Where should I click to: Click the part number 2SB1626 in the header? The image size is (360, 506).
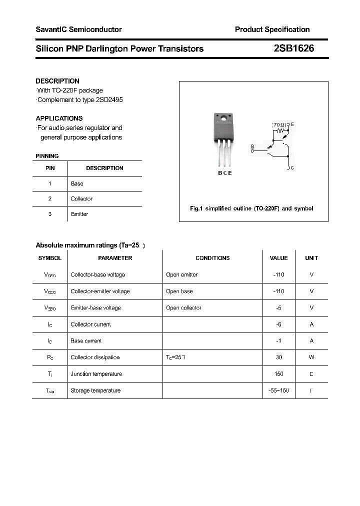(x=294, y=48)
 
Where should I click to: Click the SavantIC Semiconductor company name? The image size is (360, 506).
(x=78, y=29)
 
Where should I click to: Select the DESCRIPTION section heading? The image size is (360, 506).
(x=57, y=81)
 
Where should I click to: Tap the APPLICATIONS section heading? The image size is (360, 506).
(x=59, y=118)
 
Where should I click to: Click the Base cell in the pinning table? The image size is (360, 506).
(x=77, y=183)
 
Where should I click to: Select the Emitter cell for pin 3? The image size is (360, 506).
(x=79, y=214)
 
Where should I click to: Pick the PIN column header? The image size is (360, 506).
(x=50, y=168)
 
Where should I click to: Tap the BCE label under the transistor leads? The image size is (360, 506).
(x=224, y=173)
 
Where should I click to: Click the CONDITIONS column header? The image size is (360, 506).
(x=212, y=258)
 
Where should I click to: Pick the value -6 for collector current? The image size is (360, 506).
(x=278, y=324)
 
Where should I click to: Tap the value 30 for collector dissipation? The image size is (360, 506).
(x=278, y=357)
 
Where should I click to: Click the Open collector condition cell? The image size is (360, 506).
(x=183, y=308)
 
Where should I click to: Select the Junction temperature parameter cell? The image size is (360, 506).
(x=96, y=374)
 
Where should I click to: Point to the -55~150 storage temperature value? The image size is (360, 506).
(x=278, y=390)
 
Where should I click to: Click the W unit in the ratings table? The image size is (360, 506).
(x=311, y=357)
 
